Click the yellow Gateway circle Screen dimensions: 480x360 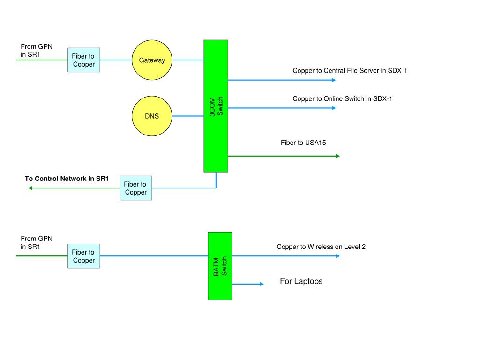(x=152, y=60)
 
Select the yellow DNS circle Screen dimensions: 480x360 (x=152, y=116)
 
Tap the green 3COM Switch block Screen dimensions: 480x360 (x=216, y=106)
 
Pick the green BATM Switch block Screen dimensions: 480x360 (x=220, y=266)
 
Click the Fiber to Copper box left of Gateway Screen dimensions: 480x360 (x=84, y=60)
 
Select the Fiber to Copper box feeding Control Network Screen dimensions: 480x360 (x=136, y=188)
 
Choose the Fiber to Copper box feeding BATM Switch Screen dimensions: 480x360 (x=84, y=256)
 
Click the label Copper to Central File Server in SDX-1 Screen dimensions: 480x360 (x=350, y=71)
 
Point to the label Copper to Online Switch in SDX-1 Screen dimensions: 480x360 (x=342, y=98)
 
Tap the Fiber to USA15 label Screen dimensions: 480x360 (x=303, y=142)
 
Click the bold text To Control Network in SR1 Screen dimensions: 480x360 (x=67, y=179)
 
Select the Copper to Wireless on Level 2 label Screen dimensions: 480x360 (x=321, y=247)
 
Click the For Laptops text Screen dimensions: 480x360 (x=301, y=281)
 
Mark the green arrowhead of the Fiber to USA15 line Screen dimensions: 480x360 (x=338, y=156)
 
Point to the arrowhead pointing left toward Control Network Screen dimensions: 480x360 (x=30, y=188)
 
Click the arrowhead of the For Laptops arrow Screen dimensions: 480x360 (x=262, y=284)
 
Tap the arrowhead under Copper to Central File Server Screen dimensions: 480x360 (x=334, y=80)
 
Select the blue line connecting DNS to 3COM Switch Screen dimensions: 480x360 (x=188, y=116)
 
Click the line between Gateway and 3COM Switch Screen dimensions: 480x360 (x=188, y=60)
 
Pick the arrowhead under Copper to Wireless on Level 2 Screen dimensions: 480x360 (x=338, y=256)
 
